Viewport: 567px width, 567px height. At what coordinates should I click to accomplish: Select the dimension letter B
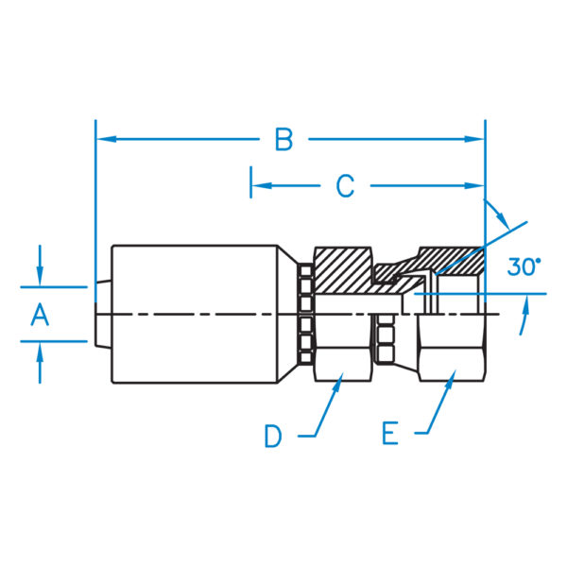(283, 140)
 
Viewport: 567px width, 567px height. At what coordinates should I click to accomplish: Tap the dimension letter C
(346, 186)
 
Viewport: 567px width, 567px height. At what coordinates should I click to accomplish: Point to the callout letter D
(273, 436)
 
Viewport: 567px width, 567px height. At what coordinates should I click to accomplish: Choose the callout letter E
(390, 434)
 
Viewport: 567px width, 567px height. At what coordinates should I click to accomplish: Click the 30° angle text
(524, 267)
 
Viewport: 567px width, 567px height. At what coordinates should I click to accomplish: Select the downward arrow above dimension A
(40, 275)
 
